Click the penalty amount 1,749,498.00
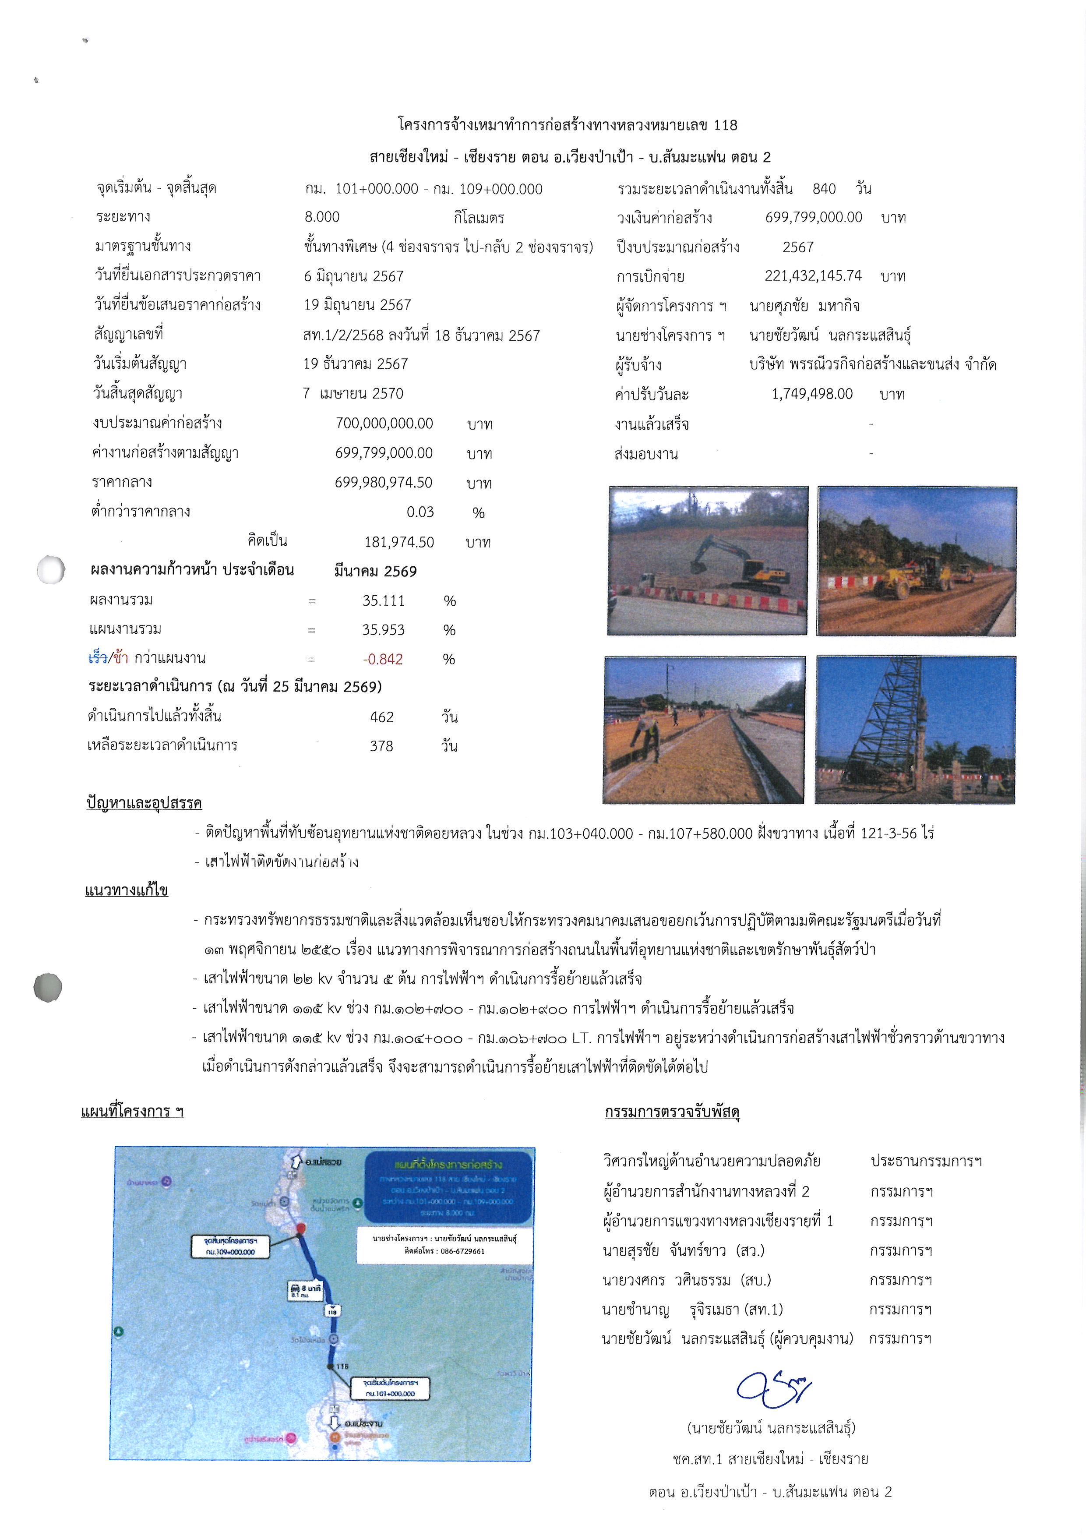coord(812,394)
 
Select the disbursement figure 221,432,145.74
coord(813,275)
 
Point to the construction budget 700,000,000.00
coord(384,424)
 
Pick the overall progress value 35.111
coord(383,601)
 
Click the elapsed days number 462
coord(382,717)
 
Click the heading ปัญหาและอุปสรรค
coord(144,803)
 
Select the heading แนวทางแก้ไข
coord(127,890)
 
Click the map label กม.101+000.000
coord(390,1394)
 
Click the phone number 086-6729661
coord(462,1251)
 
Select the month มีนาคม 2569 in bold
coord(375,571)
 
